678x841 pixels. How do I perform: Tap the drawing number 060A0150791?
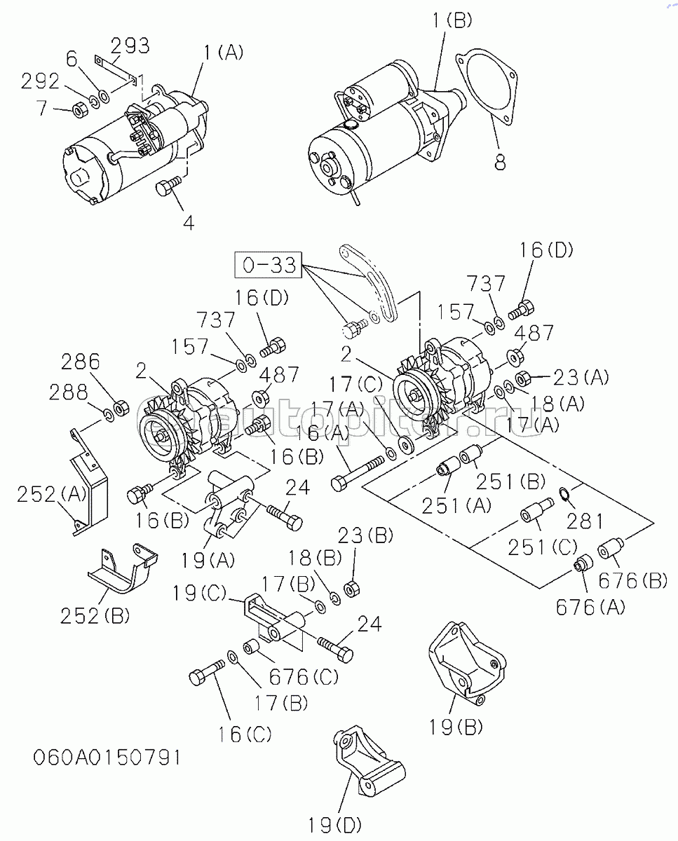click(x=106, y=758)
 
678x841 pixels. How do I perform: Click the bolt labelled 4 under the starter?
click(x=167, y=186)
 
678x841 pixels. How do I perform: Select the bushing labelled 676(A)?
click(x=581, y=564)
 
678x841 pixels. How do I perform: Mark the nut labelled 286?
click(x=120, y=406)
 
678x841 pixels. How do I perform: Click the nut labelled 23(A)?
click(x=522, y=380)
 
